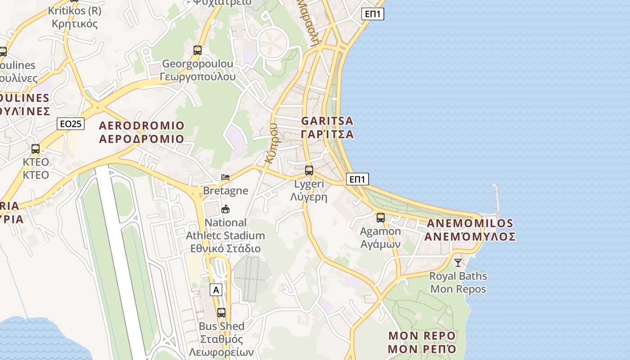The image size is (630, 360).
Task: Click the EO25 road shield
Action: click(x=71, y=123)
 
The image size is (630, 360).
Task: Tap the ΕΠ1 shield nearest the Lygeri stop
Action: click(x=357, y=179)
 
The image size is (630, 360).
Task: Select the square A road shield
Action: click(x=216, y=290)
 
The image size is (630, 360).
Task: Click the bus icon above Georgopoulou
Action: click(x=198, y=50)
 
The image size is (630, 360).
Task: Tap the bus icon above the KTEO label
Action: click(x=36, y=148)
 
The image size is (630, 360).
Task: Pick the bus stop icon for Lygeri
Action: click(x=309, y=171)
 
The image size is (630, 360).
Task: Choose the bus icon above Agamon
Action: click(x=381, y=218)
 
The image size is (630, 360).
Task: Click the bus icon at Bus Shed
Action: click(x=221, y=312)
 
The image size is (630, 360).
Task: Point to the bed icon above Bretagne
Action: click(x=225, y=177)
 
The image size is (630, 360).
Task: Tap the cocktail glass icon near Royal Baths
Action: click(x=458, y=262)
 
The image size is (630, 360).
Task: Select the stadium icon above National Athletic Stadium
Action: click(x=225, y=209)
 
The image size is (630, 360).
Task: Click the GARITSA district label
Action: click(x=327, y=127)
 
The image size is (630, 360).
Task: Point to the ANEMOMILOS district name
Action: click(x=470, y=229)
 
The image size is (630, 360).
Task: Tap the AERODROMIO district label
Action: click(x=142, y=132)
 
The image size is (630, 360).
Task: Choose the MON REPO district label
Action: click(x=422, y=342)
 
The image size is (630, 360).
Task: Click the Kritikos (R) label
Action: click(x=75, y=17)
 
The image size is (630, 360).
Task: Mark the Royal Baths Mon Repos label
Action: click(x=458, y=282)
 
